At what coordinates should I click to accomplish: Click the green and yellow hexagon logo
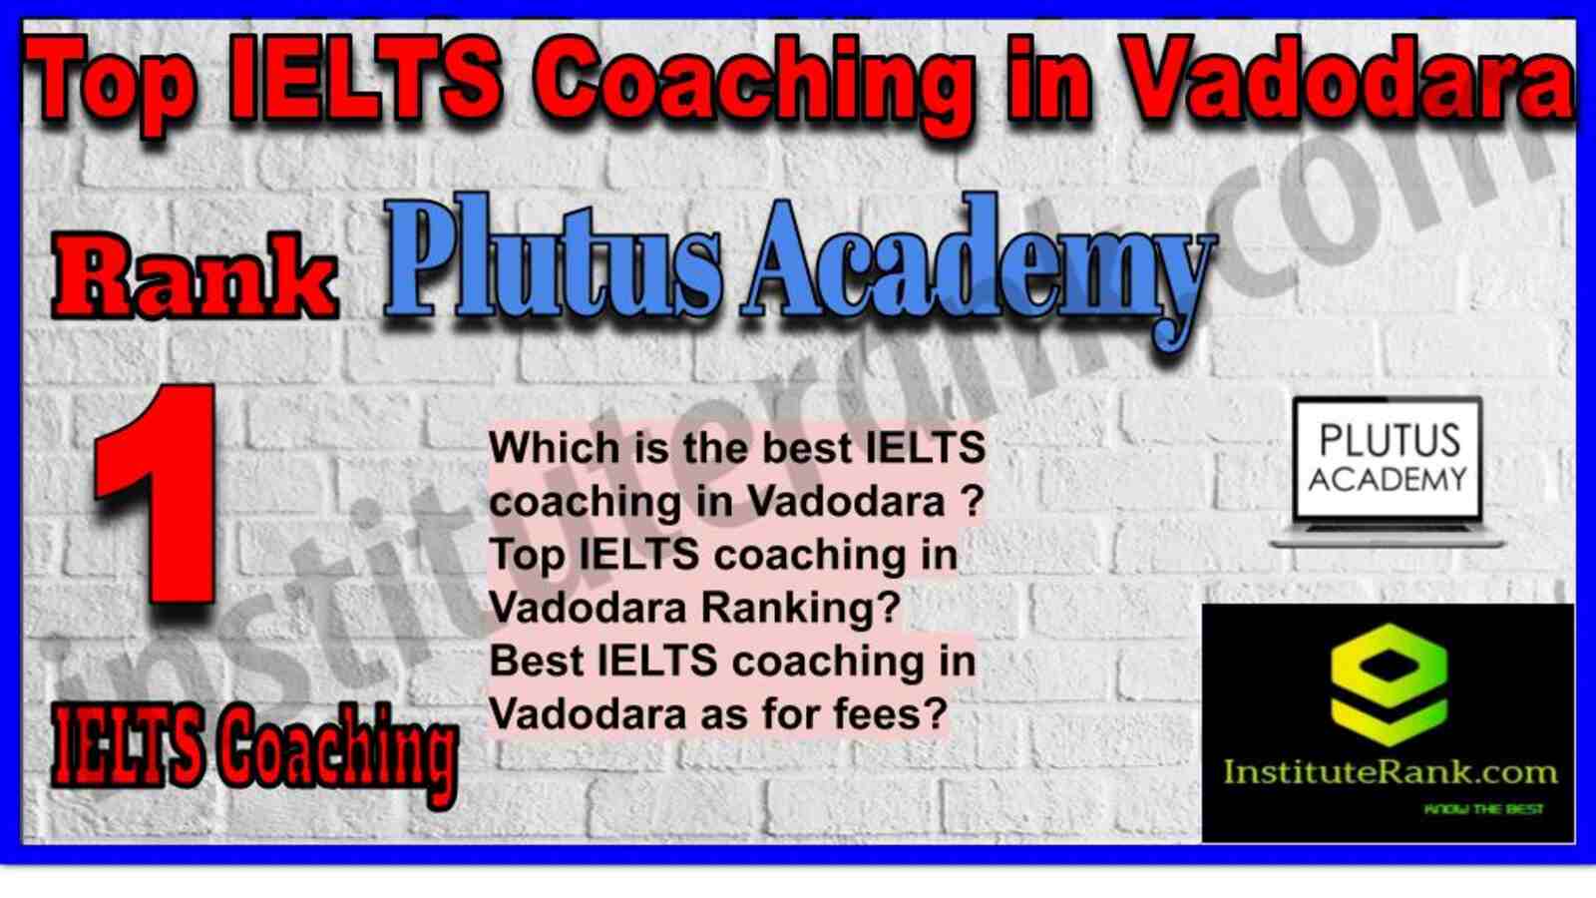tap(1389, 685)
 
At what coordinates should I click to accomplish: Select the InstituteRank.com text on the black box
tap(1390, 772)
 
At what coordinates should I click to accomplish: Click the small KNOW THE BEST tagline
tap(1483, 809)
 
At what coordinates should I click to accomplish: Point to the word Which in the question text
tap(554, 448)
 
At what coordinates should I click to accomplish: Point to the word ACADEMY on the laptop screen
tap(1388, 479)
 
